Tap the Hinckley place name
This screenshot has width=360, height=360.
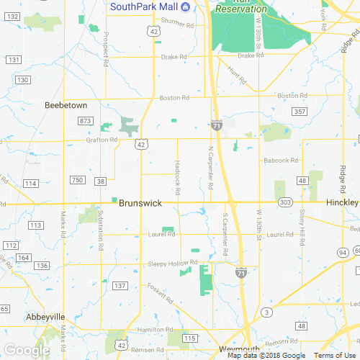point(343,204)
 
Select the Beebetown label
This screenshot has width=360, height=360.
point(66,105)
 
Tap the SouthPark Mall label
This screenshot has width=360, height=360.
point(143,7)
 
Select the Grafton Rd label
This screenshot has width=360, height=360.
point(102,140)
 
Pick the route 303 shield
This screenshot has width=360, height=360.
point(286,204)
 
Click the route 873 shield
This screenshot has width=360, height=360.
point(86,120)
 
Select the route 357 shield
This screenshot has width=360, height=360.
point(300,112)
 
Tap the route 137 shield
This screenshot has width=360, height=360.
point(120,287)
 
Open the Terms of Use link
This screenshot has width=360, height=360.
point(333,356)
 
